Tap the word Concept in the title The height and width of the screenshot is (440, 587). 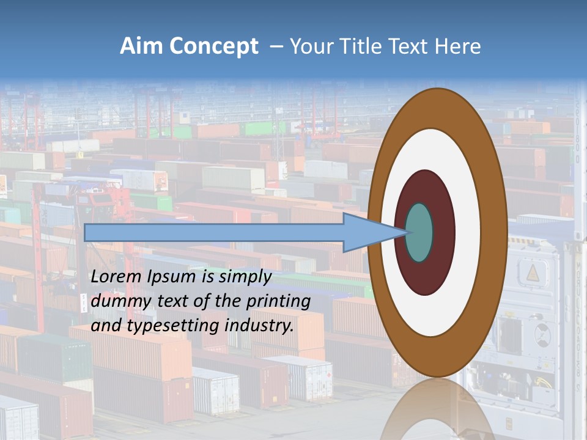213,46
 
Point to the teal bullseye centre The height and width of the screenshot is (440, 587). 419,233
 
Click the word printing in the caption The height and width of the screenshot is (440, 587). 279,302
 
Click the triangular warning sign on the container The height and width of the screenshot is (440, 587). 532,273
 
